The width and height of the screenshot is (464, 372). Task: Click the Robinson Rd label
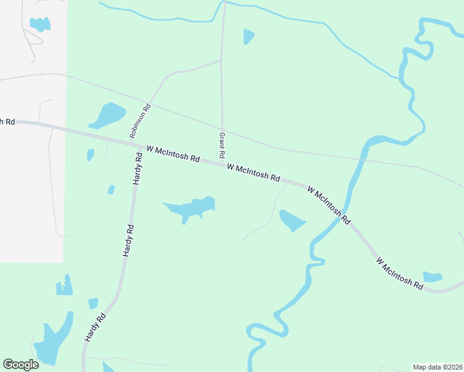[140, 120]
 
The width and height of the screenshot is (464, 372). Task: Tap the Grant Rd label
[221, 144]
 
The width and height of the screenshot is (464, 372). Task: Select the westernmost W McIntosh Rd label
[172, 154]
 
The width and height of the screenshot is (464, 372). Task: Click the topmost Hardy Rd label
[138, 169]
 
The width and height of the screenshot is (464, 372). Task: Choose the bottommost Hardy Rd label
[95, 329]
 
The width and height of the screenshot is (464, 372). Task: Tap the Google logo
[20, 365]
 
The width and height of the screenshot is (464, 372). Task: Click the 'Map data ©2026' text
[437, 367]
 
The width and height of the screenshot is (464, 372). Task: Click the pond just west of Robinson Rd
[108, 114]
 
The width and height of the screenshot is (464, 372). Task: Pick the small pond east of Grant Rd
[248, 36]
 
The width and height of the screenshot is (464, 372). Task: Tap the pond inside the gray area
[40, 24]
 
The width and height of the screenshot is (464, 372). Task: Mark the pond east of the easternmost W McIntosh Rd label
[432, 277]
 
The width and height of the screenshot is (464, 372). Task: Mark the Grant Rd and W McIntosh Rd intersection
[222, 162]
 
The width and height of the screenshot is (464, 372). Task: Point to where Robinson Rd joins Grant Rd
[221, 61]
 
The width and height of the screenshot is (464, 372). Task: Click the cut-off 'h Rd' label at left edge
[7, 122]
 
